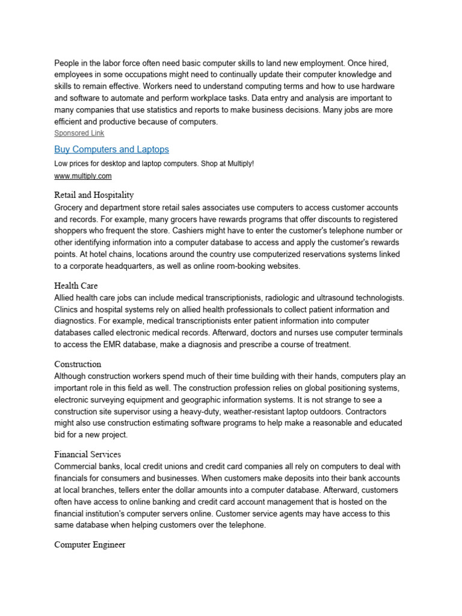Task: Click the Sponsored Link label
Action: (x=79, y=133)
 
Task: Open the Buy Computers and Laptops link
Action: (x=111, y=149)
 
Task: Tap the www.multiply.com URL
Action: (x=83, y=176)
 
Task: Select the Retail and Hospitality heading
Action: (x=94, y=195)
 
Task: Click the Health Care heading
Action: (x=76, y=285)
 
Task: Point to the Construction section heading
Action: (x=78, y=364)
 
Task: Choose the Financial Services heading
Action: (x=88, y=454)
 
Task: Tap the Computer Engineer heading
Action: (x=90, y=544)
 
